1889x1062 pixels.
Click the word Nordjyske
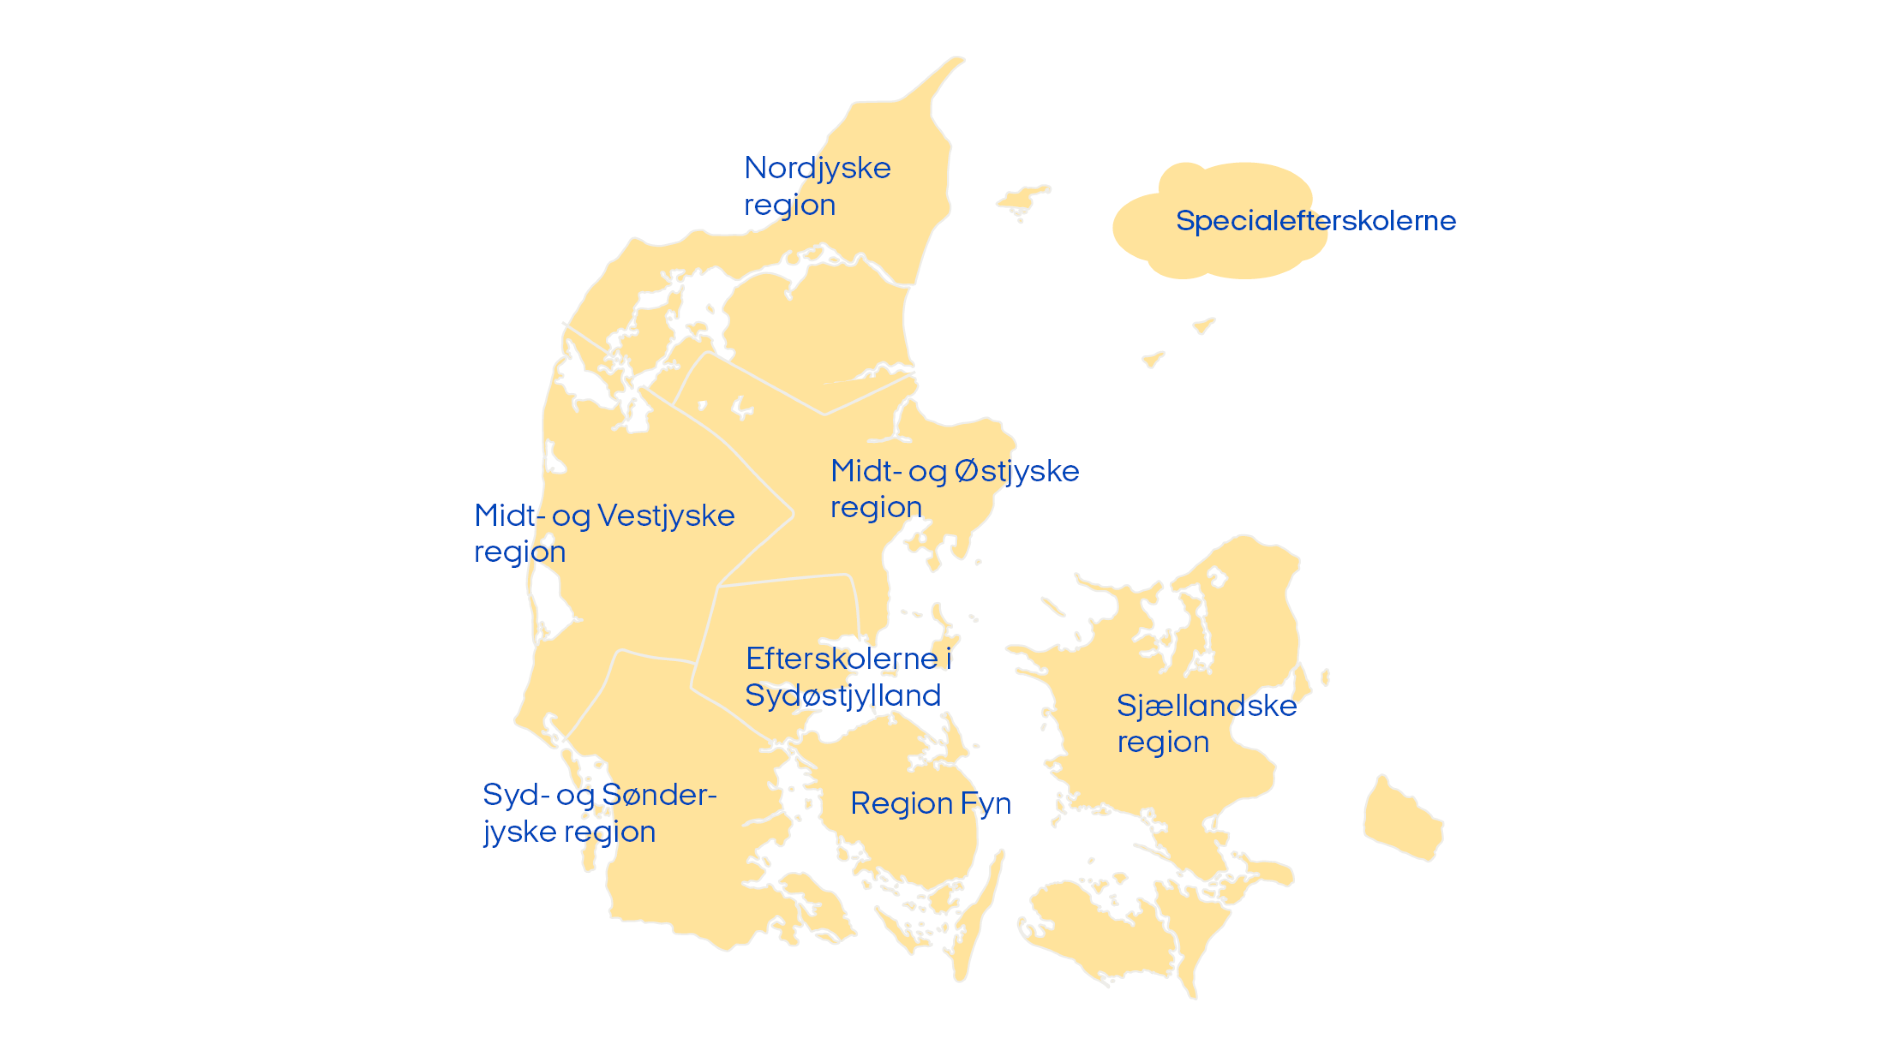[x=817, y=169]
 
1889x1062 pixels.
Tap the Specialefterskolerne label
[x=1316, y=220]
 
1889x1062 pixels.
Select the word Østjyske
[x=1017, y=471]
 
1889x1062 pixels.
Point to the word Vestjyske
[x=666, y=516]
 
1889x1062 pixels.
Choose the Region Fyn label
[x=930, y=804]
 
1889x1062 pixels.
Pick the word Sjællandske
[x=1206, y=706]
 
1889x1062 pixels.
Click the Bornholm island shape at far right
[x=1402, y=821]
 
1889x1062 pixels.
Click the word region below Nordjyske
[x=790, y=205]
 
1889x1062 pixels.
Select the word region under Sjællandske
[x=1163, y=742]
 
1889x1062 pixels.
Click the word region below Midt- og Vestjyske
[x=520, y=553]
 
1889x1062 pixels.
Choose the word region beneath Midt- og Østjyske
[x=876, y=508]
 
